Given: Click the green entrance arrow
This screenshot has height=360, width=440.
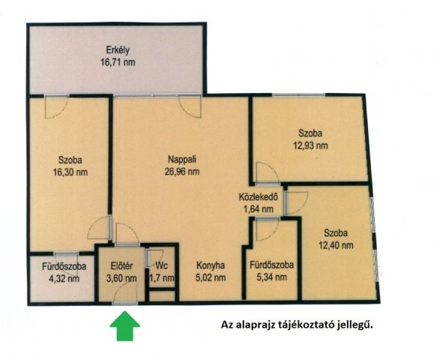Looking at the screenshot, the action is pos(124,325).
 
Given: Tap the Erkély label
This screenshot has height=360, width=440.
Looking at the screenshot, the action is pos(118,50).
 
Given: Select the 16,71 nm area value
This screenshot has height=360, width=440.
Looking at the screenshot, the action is pos(118,61).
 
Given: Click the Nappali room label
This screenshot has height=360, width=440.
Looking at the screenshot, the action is pos(182,159).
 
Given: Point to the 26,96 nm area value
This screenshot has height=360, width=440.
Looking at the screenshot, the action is pos(182,171).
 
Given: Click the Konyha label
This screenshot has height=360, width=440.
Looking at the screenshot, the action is pos(211,265).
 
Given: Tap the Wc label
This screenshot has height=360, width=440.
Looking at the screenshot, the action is pos(162,265).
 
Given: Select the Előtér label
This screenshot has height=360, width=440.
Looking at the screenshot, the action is pos(121,265).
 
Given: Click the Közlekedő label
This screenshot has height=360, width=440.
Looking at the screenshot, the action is pos(258,196).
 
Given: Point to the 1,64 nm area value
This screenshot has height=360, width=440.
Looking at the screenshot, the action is pos(258,209).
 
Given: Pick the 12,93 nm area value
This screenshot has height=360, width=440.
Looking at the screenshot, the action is pos(310,145).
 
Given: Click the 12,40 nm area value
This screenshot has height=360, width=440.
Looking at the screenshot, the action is pos(336,245).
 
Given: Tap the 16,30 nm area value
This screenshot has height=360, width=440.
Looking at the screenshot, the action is pos(70,172).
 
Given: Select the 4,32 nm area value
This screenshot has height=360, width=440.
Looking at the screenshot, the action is pos(64,278).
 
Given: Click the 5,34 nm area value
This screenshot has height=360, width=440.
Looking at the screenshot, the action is pos(271,277).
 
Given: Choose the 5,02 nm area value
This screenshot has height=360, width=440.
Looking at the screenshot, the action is pos(211,277).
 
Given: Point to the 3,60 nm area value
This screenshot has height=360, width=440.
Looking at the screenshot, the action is pos(121,278).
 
